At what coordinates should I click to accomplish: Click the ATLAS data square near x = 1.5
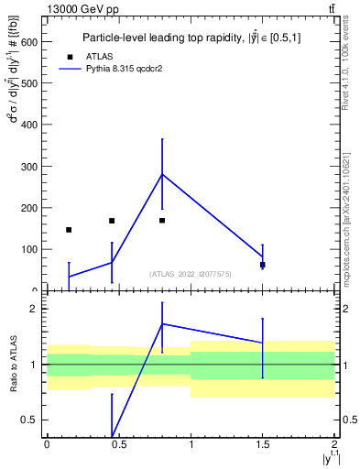(263, 265)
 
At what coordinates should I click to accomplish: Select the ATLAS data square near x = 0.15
(69, 230)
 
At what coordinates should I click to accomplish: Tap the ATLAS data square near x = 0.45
(112, 221)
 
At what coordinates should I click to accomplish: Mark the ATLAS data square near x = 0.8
(162, 221)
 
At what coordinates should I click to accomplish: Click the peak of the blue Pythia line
(162, 174)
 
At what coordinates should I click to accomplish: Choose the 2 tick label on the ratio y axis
(35, 309)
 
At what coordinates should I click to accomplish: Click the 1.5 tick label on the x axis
(263, 444)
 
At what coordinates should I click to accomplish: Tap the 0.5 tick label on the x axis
(119, 444)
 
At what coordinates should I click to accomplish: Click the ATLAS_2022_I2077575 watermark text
(191, 273)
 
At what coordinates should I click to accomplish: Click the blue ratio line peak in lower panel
(162, 323)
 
